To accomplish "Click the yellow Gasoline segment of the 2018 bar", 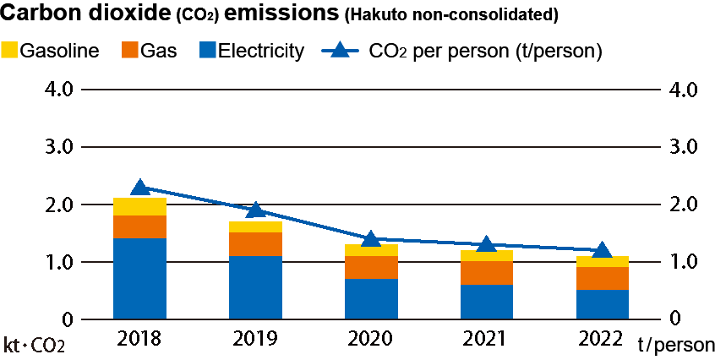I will (x=139, y=206).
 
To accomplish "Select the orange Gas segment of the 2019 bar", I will (x=255, y=243).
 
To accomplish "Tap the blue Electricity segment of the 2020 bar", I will (x=370, y=298).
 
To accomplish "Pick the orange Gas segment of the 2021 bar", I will (x=486, y=273).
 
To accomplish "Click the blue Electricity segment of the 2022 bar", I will (x=602, y=304).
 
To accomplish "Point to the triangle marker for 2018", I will (x=140, y=187).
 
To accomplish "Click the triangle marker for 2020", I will (x=370, y=239).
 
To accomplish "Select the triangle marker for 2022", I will (x=602, y=250).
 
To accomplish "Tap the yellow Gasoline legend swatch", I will (x=9, y=51).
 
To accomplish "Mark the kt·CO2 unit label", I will (x=34, y=346).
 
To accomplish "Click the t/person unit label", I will (x=676, y=346).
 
